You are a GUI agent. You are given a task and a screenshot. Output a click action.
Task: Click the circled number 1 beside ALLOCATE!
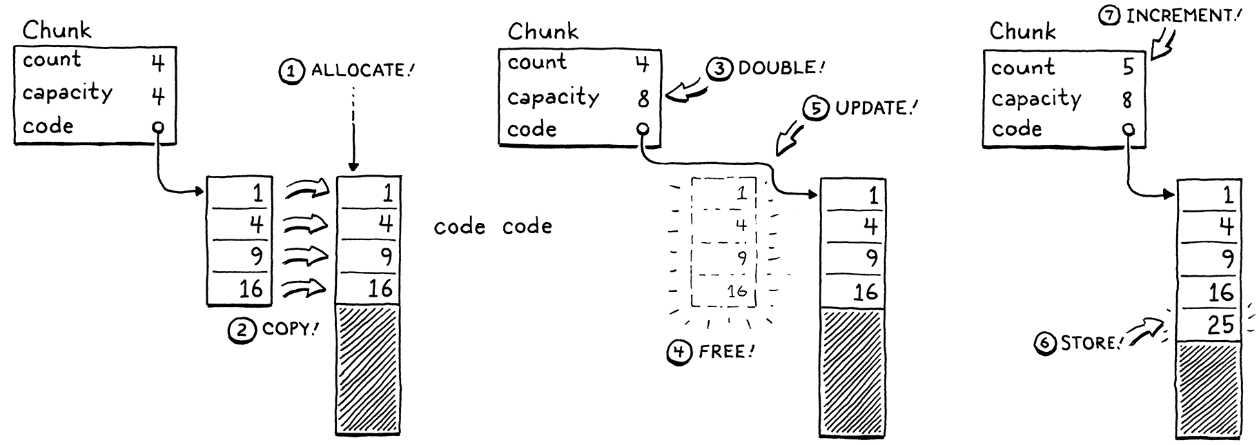(x=291, y=71)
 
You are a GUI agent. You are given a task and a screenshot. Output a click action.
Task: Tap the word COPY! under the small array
(x=289, y=329)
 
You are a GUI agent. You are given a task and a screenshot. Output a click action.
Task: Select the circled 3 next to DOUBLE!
(x=719, y=68)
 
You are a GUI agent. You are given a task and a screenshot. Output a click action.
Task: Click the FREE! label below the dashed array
(x=726, y=353)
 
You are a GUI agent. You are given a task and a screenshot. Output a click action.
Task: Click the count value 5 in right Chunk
(x=1128, y=67)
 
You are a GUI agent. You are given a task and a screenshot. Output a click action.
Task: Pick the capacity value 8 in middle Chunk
(x=643, y=98)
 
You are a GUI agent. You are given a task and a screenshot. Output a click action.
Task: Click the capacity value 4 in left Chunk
(x=158, y=95)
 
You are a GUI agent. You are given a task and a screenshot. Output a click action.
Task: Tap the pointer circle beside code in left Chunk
(x=158, y=127)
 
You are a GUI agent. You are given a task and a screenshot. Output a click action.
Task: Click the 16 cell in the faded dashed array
(x=724, y=292)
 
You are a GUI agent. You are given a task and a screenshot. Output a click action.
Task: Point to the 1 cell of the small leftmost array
(x=240, y=192)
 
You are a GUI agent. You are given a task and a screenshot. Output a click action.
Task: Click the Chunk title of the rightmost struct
(x=1022, y=31)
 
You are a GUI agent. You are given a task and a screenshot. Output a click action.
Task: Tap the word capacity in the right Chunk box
(x=1035, y=99)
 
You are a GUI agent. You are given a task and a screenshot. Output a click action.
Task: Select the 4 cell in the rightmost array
(x=1209, y=227)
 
